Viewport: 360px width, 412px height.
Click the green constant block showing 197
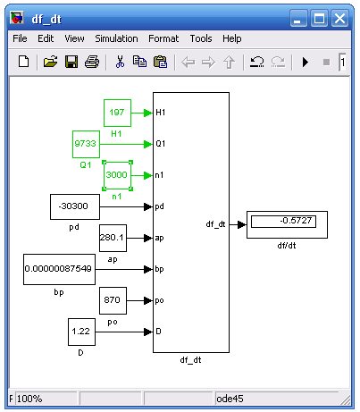(x=117, y=113)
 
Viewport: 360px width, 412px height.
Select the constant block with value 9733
(x=86, y=144)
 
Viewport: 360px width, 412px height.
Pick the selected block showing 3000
(x=117, y=175)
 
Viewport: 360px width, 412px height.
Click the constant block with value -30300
(x=75, y=206)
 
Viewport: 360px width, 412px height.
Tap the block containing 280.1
(x=113, y=238)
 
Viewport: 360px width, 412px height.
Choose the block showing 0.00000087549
(x=59, y=269)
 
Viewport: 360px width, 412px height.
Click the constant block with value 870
(x=113, y=300)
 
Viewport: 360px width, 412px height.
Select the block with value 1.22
(x=81, y=332)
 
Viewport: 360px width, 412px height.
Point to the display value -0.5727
(x=296, y=221)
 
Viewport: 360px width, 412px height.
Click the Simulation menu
(x=116, y=38)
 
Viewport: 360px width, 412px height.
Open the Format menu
(x=163, y=38)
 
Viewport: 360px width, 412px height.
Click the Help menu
(x=232, y=38)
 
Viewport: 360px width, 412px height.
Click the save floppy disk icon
(x=71, y=62)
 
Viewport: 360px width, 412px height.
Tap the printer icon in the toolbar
(x=92, y=62)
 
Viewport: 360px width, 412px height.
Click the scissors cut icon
(x=120, y=62)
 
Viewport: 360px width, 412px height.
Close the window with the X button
(x=339, y=19)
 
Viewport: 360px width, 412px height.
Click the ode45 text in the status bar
(x=230, y=399)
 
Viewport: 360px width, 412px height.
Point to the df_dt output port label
(x=215, y=224)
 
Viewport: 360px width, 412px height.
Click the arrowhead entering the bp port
(x=148, y=269)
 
